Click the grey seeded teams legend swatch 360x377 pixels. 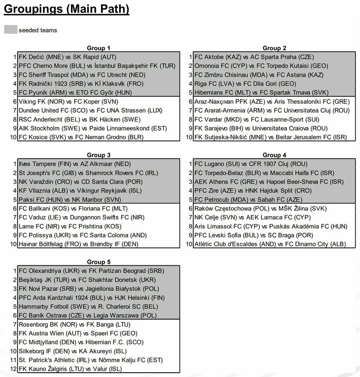point(10,30)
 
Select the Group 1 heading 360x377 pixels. point(98,48)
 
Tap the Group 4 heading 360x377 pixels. point(274,155)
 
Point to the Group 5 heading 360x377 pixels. point(98,261)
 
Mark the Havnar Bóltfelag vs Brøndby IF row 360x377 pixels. point(78,244)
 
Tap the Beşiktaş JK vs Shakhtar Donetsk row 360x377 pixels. point(87,279)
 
